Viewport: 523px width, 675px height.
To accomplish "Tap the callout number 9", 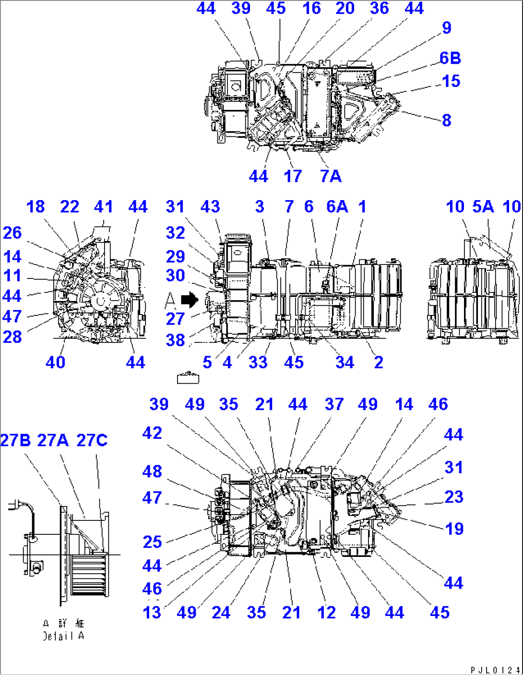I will [x=447, y=28].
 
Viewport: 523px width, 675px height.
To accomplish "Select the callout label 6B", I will [x=450, y=58].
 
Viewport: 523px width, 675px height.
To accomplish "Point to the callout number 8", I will [x=447, y=120].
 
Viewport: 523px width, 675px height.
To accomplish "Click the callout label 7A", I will [x=331, y=176].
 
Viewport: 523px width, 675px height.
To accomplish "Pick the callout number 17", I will [x=293, y=176].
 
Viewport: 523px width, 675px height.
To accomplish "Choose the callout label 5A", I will [x=483, y=206].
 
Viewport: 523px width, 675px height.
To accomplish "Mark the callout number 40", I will [x=55, y=362].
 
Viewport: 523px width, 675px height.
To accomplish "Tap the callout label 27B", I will [x=15, y=440].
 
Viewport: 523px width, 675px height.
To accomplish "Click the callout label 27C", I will [x=92, y=440].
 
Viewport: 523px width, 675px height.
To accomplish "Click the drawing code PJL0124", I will [x=495, y=670].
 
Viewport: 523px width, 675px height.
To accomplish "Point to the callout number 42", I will [x=152, y=433].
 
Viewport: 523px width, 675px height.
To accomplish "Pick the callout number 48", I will [x=152, y=471].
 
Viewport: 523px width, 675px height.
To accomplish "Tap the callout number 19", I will [x=454, y=529].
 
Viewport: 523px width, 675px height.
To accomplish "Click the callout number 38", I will [x=175, y=340].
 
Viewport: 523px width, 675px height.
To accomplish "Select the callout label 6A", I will [x=337, y=206].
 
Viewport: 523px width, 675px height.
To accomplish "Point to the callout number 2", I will [x=379, y=362].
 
